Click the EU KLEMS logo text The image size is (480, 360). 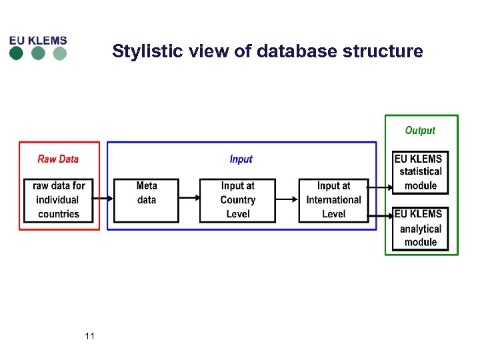point(38,40)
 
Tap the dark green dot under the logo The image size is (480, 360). point(17,54)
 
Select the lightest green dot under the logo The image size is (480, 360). point(60,54)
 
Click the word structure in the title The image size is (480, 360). point(387,51)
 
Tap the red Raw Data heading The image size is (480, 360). point(58,159)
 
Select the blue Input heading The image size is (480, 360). point(241,159)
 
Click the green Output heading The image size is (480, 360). point(420,131)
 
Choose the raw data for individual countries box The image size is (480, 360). point(59,200)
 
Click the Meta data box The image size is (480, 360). point(147,200)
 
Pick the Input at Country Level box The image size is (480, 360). point(237,200)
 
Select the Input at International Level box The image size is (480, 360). point(333,200)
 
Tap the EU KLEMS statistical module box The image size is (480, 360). point(420,172)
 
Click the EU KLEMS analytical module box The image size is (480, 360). point(420,228)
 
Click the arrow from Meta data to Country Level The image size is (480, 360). point(190,198)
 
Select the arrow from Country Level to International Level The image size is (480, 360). point(287,198)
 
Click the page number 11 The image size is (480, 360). point(90,337)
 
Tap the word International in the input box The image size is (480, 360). point(333,200)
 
